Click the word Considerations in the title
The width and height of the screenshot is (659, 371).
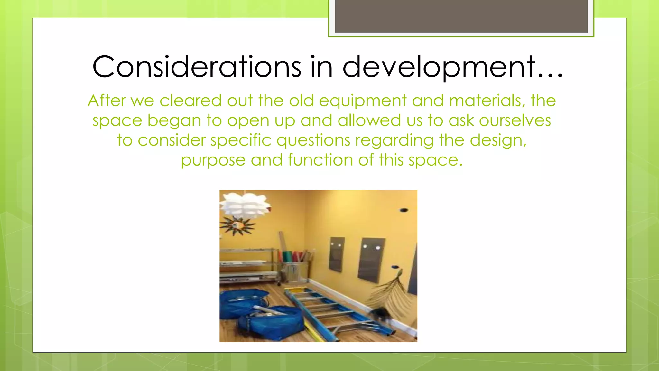196,67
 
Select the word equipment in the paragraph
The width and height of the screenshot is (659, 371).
363,101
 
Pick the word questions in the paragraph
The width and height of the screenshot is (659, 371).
313,141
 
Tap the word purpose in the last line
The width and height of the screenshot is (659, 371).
213,160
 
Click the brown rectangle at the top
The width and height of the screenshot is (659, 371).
461,16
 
